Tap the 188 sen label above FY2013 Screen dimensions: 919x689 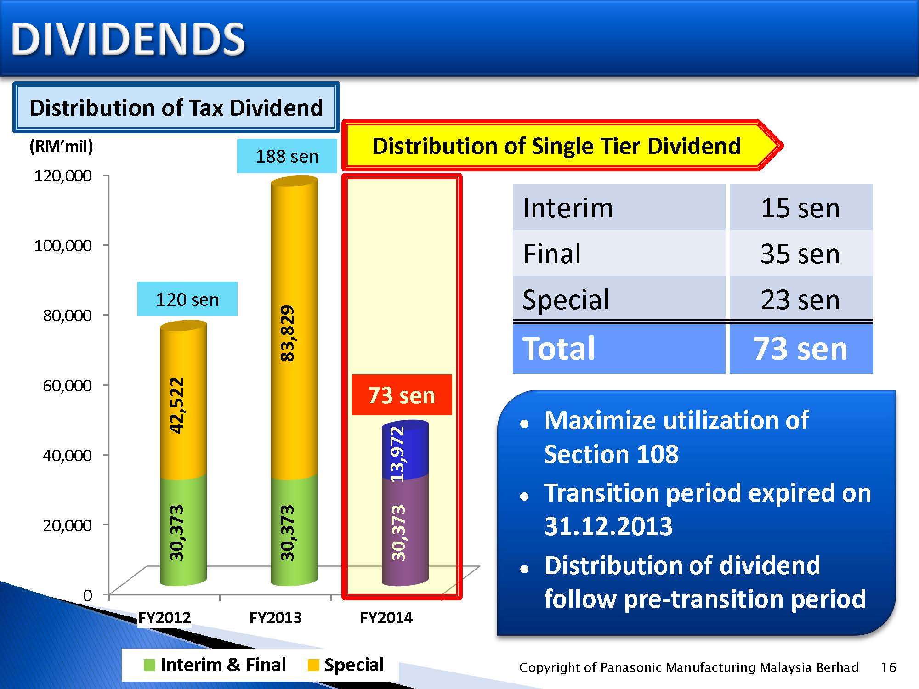pos(287,156)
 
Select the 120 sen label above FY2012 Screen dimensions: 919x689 pos(187,299)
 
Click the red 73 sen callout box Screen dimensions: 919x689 pos(402,395)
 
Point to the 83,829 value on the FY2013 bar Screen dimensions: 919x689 pos(287,333)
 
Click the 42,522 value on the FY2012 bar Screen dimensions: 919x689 pos(176,405)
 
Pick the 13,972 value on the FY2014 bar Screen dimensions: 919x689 pos(398,454)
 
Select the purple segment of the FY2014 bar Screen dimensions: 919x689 pos(405,531)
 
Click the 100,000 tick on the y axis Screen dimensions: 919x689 pos(63,245)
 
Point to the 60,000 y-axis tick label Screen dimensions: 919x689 pos(67,385)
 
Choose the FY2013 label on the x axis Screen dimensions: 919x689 pos(275,618)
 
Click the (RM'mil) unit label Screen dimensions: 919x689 pos(61,146)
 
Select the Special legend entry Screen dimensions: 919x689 pos(346,665)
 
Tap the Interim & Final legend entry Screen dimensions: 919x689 pos(215,665)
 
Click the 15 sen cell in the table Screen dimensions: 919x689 pos(800,208)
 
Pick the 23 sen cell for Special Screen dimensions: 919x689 pos(800,299)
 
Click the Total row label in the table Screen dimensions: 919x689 pos(559,349)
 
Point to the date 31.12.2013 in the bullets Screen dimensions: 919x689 pos(608,526)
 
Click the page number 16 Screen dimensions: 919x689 pos(889,667)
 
